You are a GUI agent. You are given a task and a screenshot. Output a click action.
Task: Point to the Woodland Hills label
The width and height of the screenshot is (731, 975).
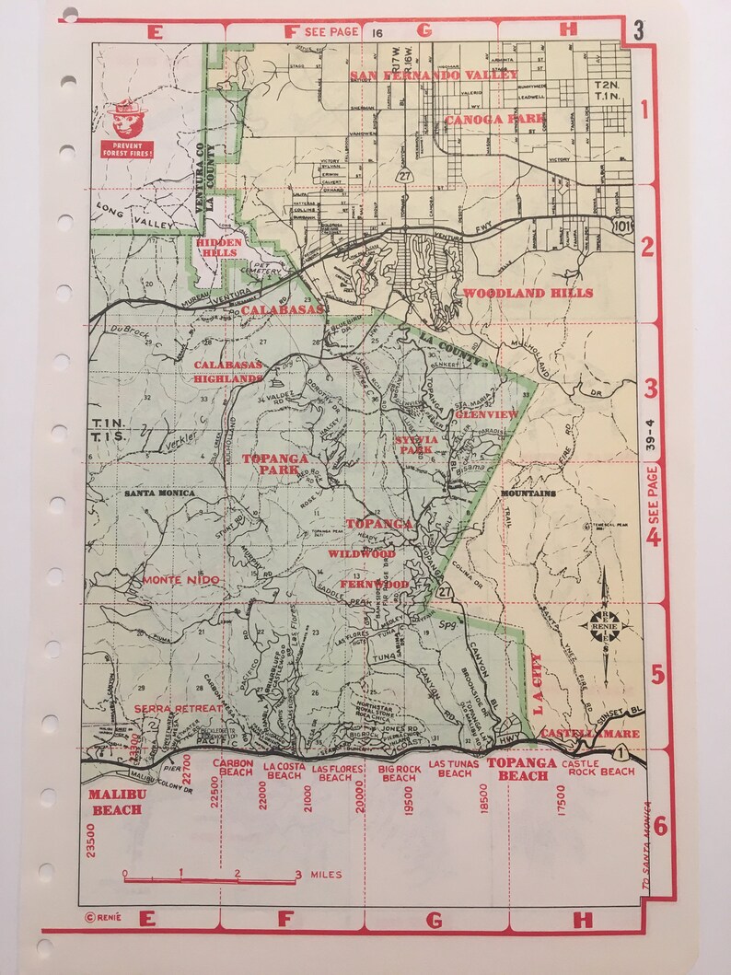pyautogui.click(x=528, y=293)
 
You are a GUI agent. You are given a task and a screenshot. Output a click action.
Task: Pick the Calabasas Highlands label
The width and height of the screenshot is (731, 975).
pyautogui.click(x=228, y=371)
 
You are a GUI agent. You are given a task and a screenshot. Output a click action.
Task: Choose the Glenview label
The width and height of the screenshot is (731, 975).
pyautogui.click(x=486, y=414)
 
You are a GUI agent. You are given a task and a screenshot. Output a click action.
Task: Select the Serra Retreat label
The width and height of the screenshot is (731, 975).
pyautogui.click(x=179, y=708)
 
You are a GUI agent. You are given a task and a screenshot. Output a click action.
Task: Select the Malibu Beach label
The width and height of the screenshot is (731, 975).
pyautogui.click(x=116, y=801)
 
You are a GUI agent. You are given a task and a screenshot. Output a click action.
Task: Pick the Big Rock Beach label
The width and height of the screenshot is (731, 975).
pyautogui.click(x=400, y=772)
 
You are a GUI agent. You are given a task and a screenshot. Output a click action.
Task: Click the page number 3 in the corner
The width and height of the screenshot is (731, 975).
pyautogui.click(x=638, y=29)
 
